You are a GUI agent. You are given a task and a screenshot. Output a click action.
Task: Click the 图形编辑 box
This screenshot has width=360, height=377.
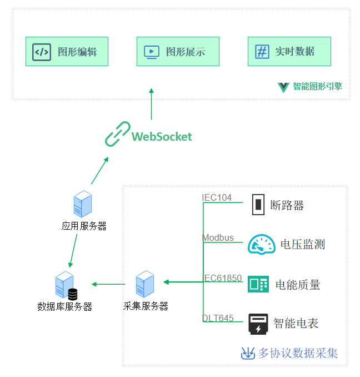[x=67, y=52]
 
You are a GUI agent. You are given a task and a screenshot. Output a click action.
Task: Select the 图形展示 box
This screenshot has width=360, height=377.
[x=178, y=52]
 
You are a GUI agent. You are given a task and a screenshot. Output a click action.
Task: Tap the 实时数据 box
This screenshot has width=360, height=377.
[x=289, y=52]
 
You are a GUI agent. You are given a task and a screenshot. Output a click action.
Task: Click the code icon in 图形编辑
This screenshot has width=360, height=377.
[x=42, y=52]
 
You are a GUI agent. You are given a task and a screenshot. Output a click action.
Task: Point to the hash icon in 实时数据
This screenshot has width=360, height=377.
[x=262, y=52]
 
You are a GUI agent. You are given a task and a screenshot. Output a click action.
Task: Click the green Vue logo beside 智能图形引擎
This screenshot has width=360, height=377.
[x=283, y=87]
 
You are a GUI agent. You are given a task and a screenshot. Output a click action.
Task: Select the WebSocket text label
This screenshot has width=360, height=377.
[x=162, y=137]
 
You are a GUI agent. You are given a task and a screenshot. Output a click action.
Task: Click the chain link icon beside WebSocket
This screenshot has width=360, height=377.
[x=118, y=134]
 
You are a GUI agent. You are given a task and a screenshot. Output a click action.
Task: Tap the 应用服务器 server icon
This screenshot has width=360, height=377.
[x=83, y=204]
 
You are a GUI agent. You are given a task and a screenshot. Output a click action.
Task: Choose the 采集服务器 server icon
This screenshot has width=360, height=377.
[x=145, y=284]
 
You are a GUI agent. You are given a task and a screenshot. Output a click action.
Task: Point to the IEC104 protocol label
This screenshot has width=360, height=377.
[x=217, y=197]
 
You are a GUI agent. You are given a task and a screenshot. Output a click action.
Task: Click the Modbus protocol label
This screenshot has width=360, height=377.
[x=218, y=238]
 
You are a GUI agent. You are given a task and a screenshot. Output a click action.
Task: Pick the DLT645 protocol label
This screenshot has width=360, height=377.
[x=218, y=318]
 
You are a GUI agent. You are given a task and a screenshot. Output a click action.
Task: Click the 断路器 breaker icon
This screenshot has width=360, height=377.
[x=258, y=205]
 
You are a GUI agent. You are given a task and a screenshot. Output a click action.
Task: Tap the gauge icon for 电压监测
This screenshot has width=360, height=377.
[x=261, y=245]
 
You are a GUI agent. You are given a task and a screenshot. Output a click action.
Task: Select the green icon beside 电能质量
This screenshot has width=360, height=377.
[x=258, y=284]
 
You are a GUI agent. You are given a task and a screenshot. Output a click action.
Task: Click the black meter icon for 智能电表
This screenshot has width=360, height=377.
[x=258, y=324]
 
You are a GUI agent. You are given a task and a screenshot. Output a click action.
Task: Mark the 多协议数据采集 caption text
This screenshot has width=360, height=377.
[x=298, y=353]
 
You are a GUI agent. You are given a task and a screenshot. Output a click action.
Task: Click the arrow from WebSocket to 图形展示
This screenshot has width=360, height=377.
[x=151, y=104]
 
